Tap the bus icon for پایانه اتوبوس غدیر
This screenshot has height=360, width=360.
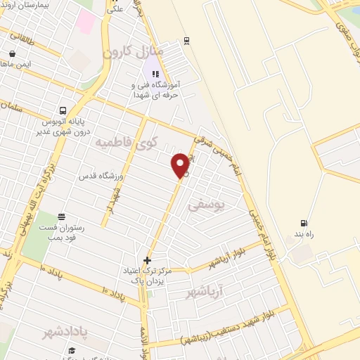63,110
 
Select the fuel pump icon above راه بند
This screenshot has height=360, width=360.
304,223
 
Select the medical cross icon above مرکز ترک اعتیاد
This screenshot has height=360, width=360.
147,260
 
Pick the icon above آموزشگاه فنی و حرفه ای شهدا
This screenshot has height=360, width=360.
155,73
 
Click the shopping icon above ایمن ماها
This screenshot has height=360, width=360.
12,53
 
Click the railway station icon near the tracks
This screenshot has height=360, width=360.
186,40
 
